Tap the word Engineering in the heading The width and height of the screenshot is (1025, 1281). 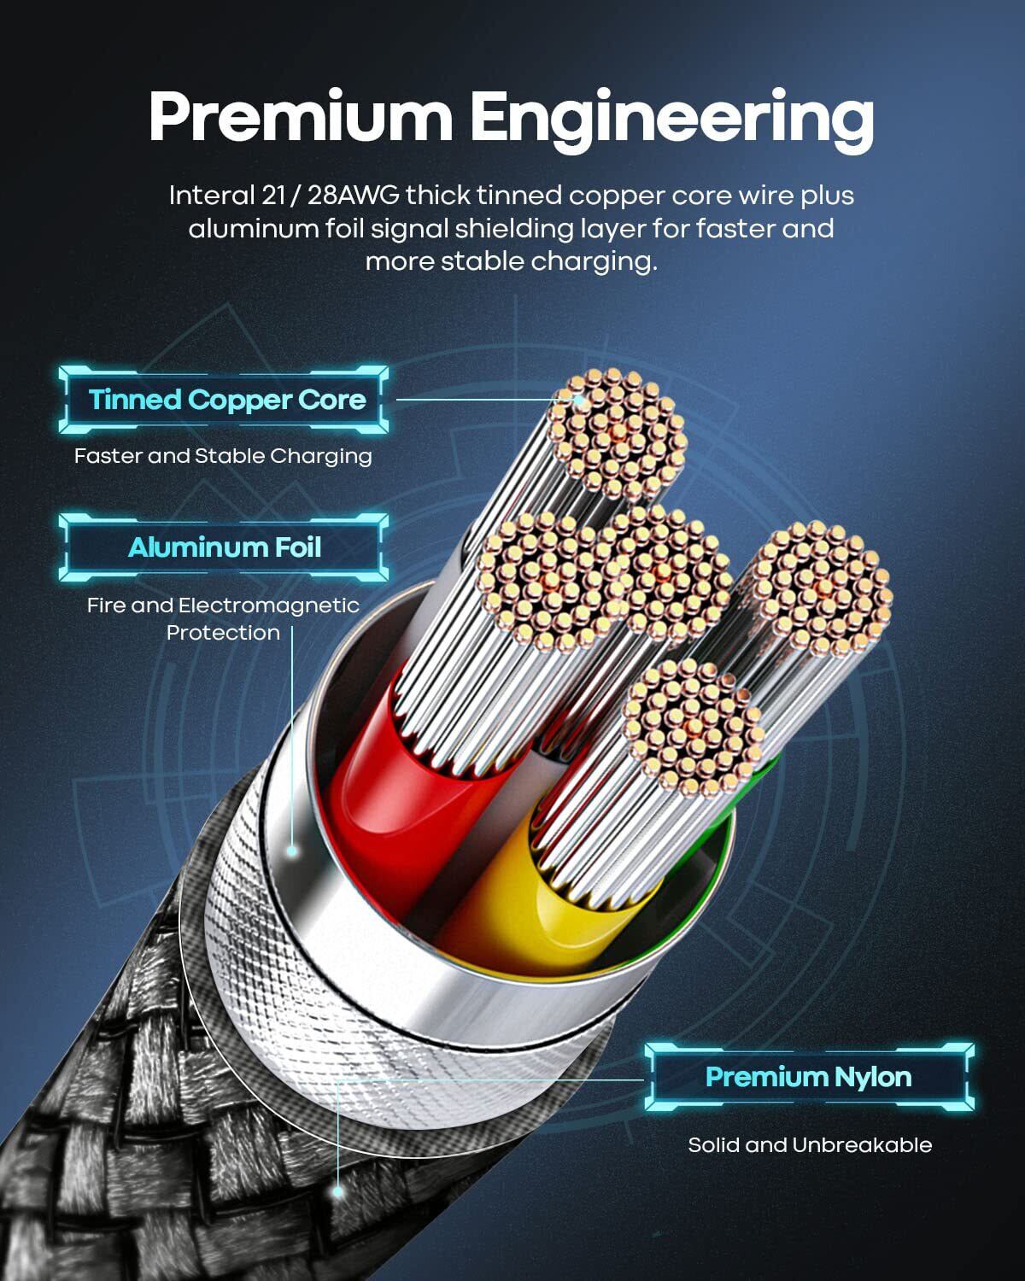coord(672,117)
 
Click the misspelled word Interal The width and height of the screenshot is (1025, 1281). coord(208,196)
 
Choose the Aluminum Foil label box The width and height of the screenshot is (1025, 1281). coord(225,547)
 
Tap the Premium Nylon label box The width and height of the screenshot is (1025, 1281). coord(808,1077)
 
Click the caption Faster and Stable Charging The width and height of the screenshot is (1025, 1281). coord(223,456)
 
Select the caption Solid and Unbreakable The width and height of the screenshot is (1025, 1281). coord(810,1145)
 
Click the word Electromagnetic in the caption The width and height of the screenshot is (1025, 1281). coord(269,605)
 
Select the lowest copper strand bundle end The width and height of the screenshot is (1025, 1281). coord(691,726)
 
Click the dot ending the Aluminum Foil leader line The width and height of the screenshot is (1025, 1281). coord(291,851)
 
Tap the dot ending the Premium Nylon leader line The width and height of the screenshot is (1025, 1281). coord(338,1190)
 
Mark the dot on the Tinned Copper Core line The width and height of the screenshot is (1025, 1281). coord(578,399)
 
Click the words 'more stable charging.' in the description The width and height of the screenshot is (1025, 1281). coord(511,261)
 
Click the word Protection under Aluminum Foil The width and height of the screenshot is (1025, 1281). coord(223,633)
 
